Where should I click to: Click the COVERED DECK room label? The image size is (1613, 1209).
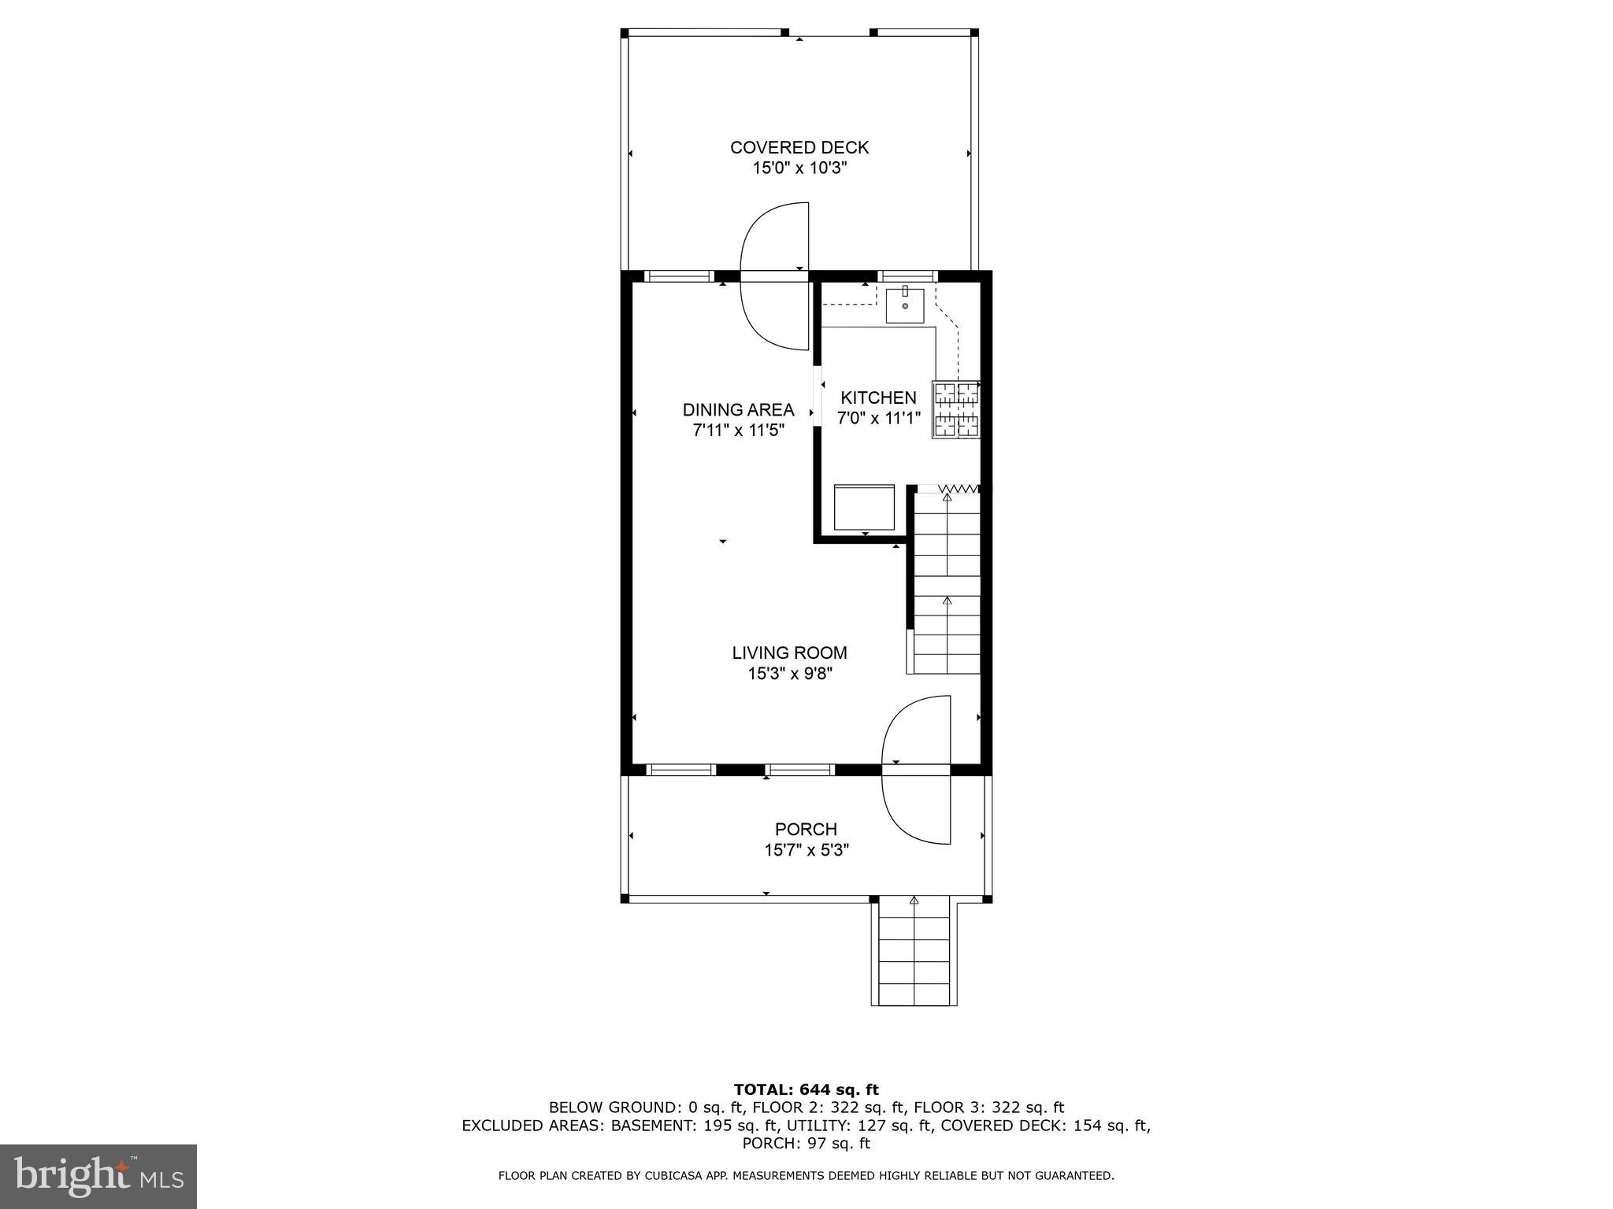(799, 147)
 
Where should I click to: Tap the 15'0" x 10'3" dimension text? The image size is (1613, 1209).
(799, 168)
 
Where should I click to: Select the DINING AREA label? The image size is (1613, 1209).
(738, 409)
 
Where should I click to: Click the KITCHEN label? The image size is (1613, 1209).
(878, 397)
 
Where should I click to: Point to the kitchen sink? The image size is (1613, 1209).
(905, 305)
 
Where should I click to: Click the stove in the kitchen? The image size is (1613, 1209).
(956, 409)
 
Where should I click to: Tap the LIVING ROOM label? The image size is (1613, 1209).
(789, 653)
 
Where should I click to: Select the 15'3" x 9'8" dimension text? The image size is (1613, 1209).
(789, 673)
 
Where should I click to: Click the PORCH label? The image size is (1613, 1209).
(806, 829)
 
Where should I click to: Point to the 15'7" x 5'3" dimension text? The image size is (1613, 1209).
(806, 850)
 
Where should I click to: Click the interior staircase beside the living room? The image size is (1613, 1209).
(947, 582)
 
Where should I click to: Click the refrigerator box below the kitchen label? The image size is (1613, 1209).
(864, 508)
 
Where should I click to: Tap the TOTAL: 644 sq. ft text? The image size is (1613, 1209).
(806, 1089)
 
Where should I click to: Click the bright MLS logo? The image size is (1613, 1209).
(98, 1176)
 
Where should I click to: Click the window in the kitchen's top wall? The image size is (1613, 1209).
(908, 276)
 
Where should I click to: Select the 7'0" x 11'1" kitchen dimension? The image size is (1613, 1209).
(878, 418)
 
